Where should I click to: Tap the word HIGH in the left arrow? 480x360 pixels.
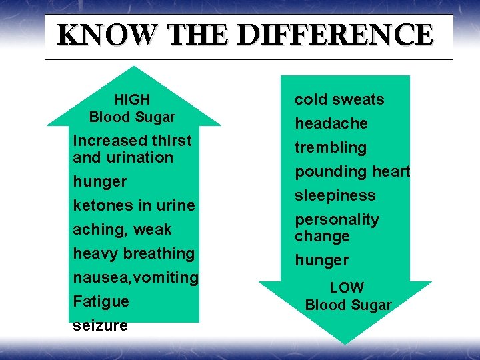132,99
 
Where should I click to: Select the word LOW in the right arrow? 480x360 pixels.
347,288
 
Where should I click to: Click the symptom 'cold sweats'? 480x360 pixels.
339,99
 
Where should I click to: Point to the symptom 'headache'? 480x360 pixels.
331,123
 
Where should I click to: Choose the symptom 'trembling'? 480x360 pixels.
331,147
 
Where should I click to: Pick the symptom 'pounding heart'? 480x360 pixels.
352,171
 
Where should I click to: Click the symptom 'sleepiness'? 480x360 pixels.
335,195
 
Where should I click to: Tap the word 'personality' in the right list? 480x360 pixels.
337,219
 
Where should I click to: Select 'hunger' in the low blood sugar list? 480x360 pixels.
321,260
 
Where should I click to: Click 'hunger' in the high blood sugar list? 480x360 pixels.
99,181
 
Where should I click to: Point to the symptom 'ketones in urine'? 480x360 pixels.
133,205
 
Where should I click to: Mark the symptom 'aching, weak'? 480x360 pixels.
122,229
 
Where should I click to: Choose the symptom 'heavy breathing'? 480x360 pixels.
133,253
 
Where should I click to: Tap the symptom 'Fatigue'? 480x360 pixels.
100,301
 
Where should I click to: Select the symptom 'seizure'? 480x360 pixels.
100,326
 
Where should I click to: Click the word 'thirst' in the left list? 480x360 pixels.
171,141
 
